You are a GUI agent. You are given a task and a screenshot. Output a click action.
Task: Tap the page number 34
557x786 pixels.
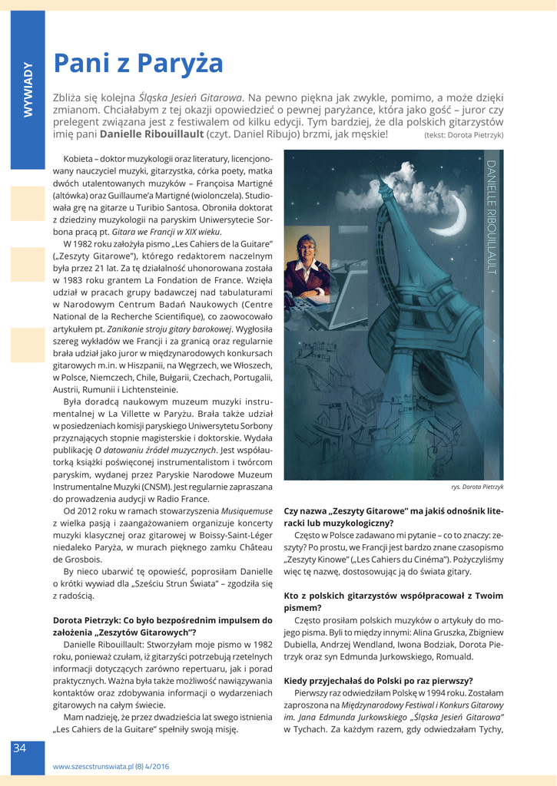(19, 748)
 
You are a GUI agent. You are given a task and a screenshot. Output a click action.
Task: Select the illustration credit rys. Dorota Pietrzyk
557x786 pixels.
(477, 487)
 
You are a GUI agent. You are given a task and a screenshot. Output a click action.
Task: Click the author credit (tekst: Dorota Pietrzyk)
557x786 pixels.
(463, 135)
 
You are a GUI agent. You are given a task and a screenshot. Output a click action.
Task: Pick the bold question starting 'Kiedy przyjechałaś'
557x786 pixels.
(378, 680)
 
